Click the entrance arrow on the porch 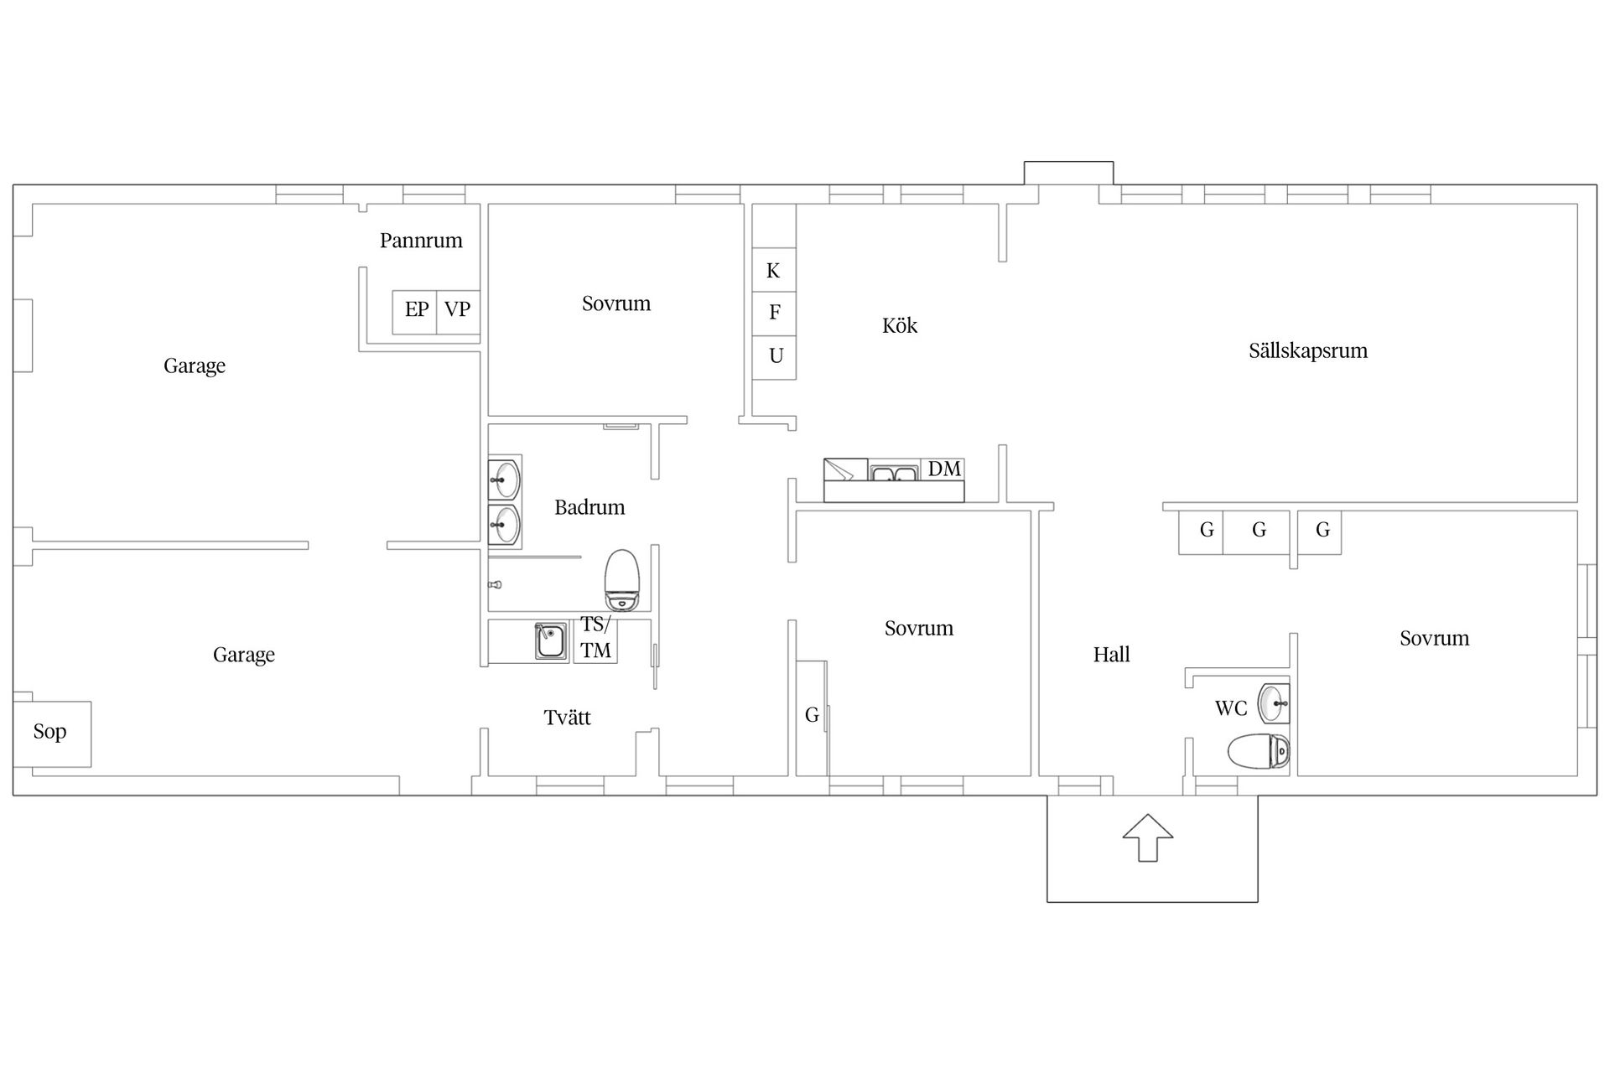coord(1148,837)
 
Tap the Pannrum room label coord(421,241)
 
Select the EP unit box coord(415,313)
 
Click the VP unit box coord(458,313)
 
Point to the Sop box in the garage coord(52,733)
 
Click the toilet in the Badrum coord(622,579)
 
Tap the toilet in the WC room coord(1259,751)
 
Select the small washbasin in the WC coord(1275,702)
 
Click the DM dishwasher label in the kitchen coord(944,469)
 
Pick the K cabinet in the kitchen coord(774,270)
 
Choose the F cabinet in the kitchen coord(774,314)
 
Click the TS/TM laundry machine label coord(595,638)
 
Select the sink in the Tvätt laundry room coord(551,641)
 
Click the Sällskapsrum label coord(1308,350)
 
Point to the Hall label coord(1111,654)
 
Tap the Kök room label coord(900,325)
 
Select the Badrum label coord(589,507)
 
